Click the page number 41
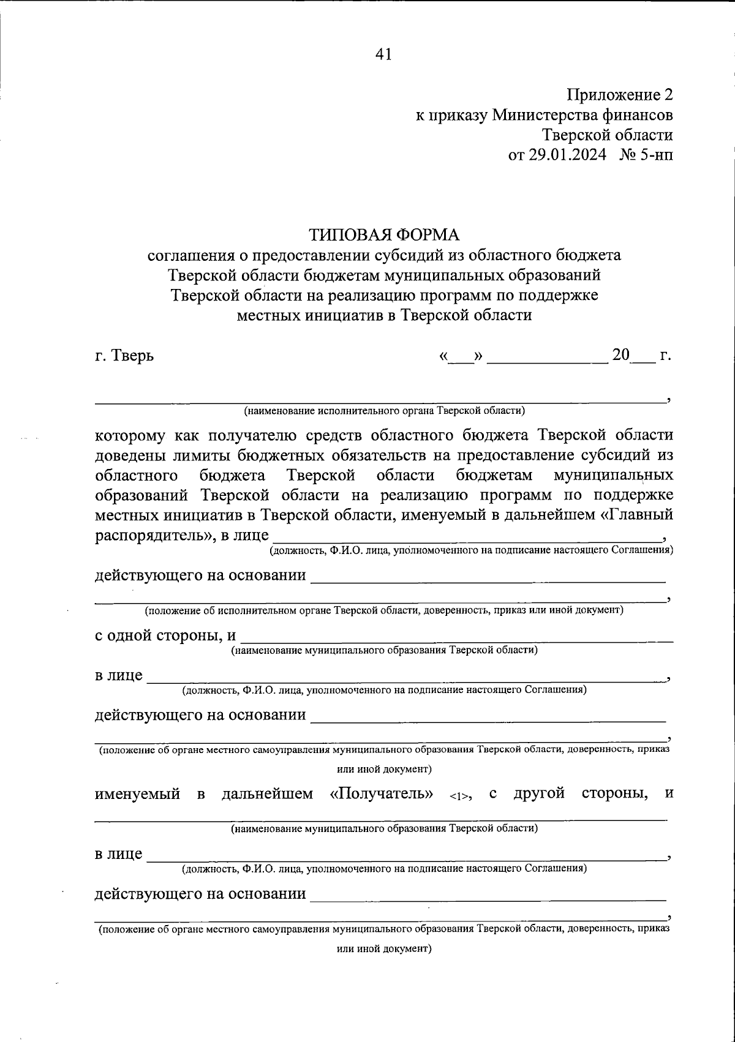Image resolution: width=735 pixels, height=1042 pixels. coord(383,54)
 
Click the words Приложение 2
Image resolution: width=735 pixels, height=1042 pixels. coord(619,95)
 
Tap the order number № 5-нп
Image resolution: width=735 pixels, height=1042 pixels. coord(646,155)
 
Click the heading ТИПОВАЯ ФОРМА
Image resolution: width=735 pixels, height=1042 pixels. coord(383,234)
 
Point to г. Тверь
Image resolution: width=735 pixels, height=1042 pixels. coord(124,355)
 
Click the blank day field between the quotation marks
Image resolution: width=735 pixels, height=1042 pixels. coord(461,357)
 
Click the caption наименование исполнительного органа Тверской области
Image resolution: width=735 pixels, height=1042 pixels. coord(384,410)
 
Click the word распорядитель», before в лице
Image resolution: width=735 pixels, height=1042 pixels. coord(156,534)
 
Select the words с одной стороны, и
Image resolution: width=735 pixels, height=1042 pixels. coord(165,635)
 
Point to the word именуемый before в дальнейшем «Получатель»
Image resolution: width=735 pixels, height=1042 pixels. coord(137,794)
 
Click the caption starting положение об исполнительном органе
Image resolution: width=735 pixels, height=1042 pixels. coord(384,610)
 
